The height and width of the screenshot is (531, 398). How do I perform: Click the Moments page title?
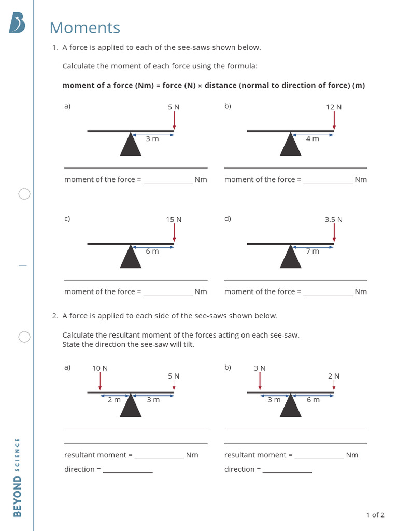[x=85, y=28]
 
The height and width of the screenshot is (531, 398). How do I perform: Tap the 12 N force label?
[x=334, y=107]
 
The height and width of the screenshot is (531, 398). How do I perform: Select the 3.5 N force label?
[x=334, y=220]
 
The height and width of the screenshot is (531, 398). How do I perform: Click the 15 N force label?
[x=174, y=220]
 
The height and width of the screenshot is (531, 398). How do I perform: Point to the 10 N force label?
[x=100, y=368]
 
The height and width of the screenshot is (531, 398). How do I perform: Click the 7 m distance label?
[x=312, y=251]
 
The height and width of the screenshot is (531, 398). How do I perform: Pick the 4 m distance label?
[x=312, y=139]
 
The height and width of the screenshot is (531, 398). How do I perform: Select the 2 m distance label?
[x=114, y=400]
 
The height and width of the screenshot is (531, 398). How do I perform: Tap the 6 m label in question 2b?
[x=313, y=400]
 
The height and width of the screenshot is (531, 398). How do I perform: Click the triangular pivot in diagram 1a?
[x=131, y=145]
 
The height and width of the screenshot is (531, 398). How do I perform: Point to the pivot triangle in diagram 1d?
[x=291, y=258]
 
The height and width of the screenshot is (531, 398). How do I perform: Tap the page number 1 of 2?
[x=375, y=515]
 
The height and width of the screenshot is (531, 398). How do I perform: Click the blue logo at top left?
[x=17, y=23]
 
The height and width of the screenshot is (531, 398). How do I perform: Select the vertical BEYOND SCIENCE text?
[x=17, y=477]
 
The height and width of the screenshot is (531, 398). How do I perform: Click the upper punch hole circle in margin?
[x=24, y=194]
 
